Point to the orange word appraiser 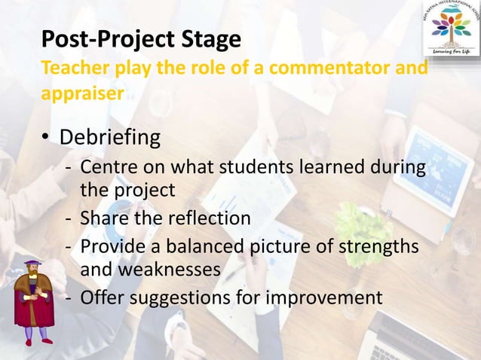click(x=82, y=94)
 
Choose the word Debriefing click(x=110, y=138)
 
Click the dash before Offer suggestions click(x=69, y=299)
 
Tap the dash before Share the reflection click(x=69, y=219)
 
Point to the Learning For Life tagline click(x=451, y=51)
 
